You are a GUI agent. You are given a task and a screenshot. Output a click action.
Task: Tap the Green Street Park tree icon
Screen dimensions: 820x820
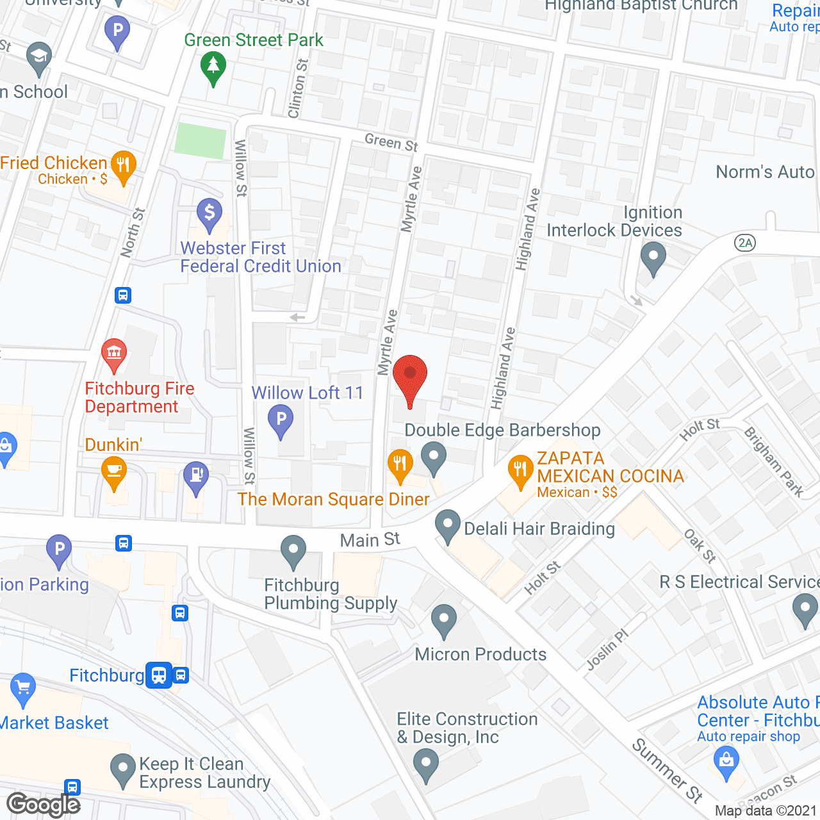[213, 67]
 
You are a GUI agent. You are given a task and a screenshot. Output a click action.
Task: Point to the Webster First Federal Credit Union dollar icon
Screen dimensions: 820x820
[209, 213]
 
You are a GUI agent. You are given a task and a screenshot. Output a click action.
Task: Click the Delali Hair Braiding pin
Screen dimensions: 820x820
[447, 525]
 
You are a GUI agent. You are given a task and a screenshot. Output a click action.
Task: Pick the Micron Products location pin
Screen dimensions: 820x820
[443, 619]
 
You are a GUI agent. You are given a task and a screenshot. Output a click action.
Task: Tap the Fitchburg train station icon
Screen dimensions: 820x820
[159, 675]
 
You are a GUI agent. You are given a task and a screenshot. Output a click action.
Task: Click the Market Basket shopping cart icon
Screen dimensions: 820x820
[23, 688]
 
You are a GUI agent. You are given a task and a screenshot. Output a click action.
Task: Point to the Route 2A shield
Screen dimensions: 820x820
[745, 243]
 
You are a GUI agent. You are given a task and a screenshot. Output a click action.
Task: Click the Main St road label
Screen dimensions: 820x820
[370, 540]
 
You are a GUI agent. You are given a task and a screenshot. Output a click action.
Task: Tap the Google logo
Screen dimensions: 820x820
[44, 805]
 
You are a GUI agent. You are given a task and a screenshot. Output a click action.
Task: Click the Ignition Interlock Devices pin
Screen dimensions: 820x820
[653, 257]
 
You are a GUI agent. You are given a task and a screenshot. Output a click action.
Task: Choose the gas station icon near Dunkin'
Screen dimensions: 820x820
[196, 477]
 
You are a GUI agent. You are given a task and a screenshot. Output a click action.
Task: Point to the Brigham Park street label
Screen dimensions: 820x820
[774, 462]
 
